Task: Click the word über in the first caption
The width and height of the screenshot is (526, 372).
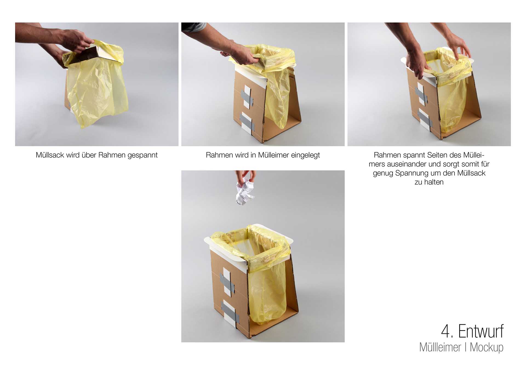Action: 89,155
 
